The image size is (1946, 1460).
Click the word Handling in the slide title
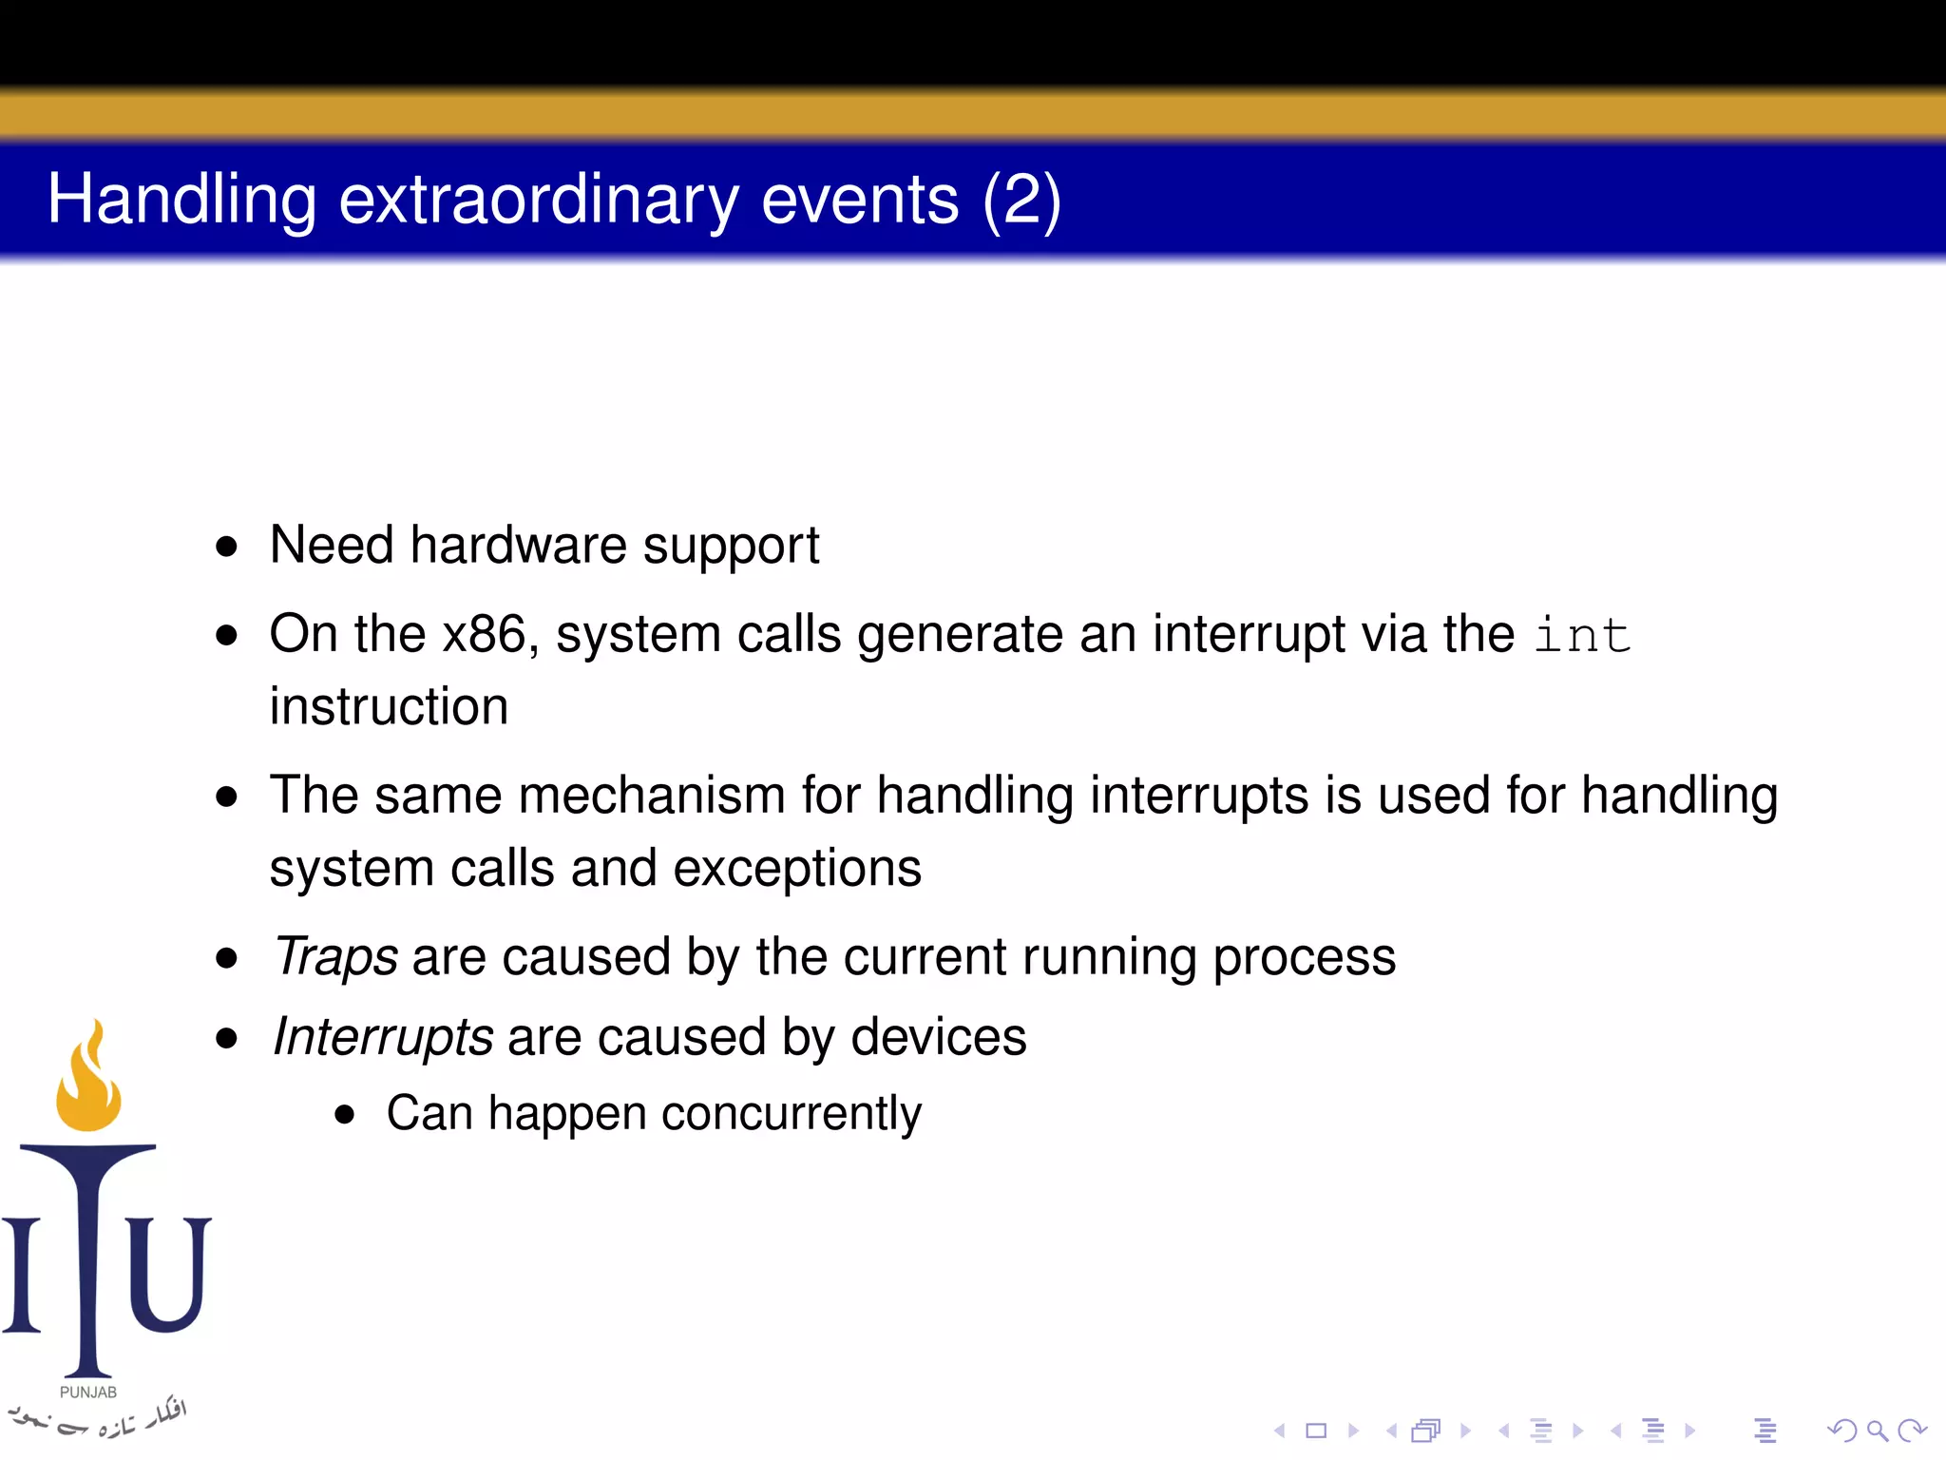click(181, 201)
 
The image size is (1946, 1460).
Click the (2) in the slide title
click(1021, 201)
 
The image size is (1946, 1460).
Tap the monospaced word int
click(1582, 635)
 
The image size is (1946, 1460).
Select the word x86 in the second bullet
click(485, 634)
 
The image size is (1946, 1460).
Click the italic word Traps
click(335, 956)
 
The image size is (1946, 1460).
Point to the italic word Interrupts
click(383, 1036)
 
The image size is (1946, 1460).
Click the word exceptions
click(796, 868)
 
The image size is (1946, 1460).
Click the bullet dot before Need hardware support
click(226, 547)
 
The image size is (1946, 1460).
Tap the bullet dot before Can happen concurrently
click(345, 1114)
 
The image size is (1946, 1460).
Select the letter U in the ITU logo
click(168, 1274)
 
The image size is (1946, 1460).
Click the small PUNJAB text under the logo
click(87, 1393)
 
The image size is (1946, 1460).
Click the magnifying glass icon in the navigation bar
click(1877, 1431)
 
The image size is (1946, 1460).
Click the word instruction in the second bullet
click(389, 706)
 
